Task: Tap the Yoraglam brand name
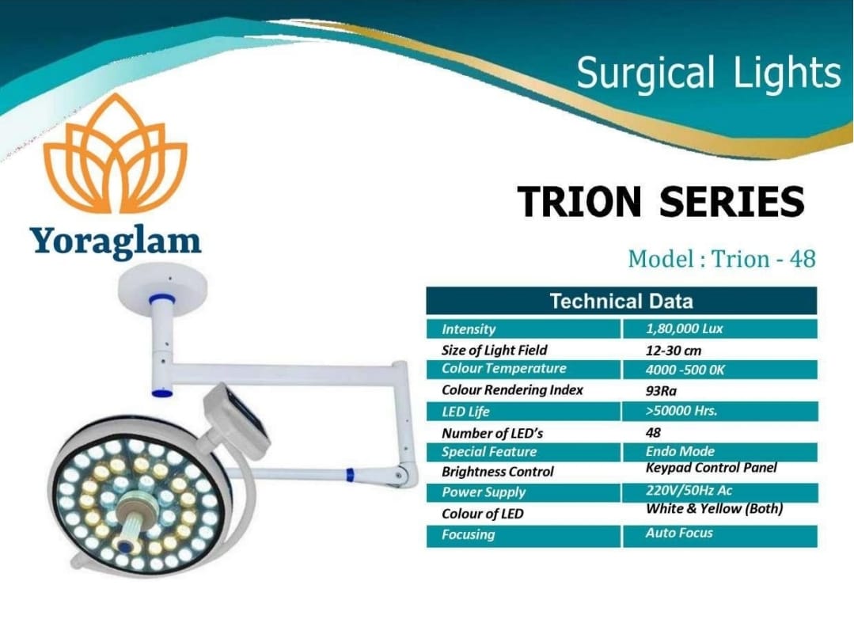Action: tap(116, 241)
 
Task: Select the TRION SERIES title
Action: tap(661, 201)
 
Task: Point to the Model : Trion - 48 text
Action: tap(722, 259)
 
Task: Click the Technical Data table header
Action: tap(621, 301)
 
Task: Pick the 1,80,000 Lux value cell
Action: tap(719, 329)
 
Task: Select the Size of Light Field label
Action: tap(494, 350)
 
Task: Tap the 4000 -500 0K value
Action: tap(685, 370)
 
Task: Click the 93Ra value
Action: tap(661, 391)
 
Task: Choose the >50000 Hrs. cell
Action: tap(719, 412)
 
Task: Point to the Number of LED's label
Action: tap(492, 433)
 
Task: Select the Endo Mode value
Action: tap(680, 452)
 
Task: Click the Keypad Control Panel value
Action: tap(712, 468)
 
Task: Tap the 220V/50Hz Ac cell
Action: tap(719, 492)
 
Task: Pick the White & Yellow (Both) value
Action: tap(714, 509)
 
